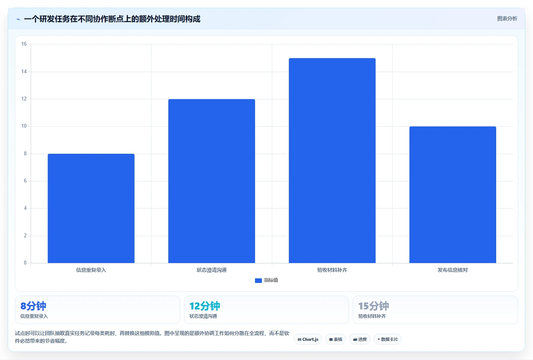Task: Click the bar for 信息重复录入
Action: tap(91, 208)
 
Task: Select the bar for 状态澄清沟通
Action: tap(212, 181)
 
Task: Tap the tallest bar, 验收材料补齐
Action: tap(332, 160)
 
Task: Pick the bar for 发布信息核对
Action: tap(452, 195)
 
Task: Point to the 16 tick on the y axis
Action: tap(24, 44)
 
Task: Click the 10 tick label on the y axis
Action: tap(24, 126)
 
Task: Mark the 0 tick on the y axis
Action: tap(25, 263)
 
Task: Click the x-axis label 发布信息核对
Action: tap(452, 270)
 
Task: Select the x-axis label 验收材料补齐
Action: tap(332, 270)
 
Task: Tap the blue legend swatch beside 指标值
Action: tap(258, 280)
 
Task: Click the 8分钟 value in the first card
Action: tap(33, 306)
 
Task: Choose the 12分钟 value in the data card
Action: tap(205, 306)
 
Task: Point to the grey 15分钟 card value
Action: tap(373, 306)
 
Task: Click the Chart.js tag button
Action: tap(308, 339)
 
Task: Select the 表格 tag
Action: tap(336, 339)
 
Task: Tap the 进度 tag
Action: tap(360, 339)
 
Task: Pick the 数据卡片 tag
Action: tap(388, 339)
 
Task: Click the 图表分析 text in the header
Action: tap(507, 18)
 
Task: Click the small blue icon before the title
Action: tap(18, 19)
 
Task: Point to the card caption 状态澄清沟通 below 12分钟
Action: tap(203, 316)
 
